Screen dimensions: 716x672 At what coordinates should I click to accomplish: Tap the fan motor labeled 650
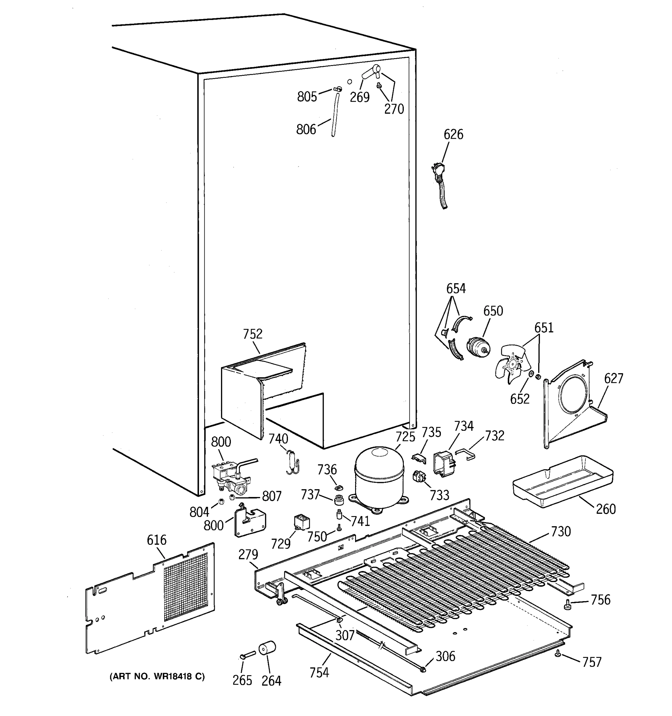478,347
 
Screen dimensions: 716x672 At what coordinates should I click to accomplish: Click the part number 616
157,540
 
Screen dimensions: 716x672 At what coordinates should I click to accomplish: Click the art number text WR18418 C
157,677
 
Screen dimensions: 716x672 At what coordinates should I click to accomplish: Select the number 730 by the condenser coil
561,531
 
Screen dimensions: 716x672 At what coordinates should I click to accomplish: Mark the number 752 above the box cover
252,334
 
